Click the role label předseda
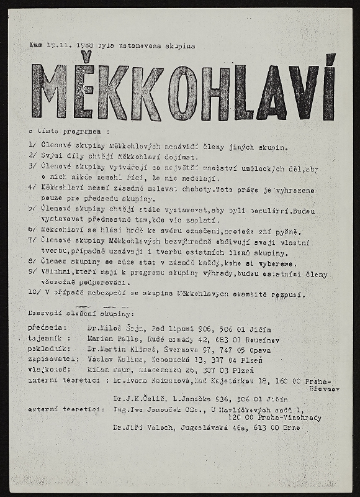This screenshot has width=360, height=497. coord(44,328)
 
